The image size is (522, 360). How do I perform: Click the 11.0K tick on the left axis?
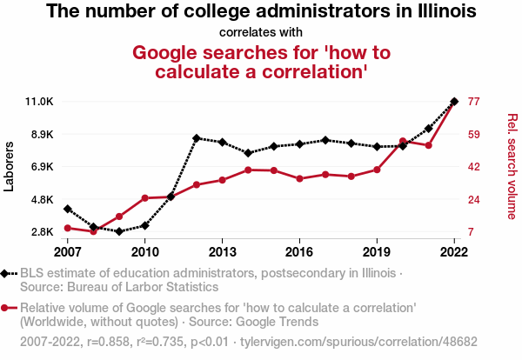tap(39, 102)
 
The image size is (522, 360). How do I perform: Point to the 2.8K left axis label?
tap(41, 232)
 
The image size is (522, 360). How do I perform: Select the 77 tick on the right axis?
tap(474, 102)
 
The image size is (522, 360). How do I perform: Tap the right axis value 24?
tap(474, 199)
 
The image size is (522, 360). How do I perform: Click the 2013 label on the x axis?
tap(222, 251)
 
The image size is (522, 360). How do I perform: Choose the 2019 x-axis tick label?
tap(377, 251)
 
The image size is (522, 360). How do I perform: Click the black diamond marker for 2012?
tap(197, 138)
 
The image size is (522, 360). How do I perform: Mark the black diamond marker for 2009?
tap(119, 231)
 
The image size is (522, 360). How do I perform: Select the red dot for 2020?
tap(403, 141)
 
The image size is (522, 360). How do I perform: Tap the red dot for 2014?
tap(248, 170)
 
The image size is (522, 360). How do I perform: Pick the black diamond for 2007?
tap(68, 209)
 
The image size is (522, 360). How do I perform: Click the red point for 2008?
tap(93, 230)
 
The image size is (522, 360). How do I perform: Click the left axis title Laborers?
tap(10, 167)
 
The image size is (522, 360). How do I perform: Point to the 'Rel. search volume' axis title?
tap(512, 167)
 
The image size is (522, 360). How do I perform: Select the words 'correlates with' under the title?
tap(261, 33)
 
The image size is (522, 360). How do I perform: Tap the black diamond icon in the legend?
tap(6, 273)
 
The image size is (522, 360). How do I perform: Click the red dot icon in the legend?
tap(6, 308)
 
